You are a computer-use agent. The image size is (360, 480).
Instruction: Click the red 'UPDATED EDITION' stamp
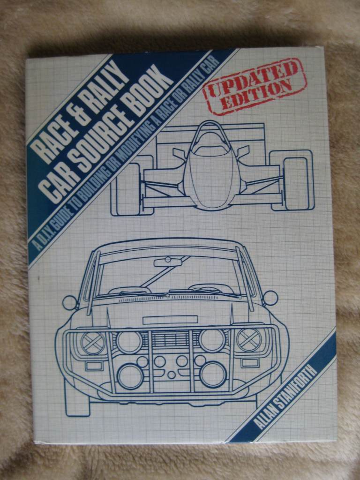(255, 86)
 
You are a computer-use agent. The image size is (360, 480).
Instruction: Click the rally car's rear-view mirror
(168, 262)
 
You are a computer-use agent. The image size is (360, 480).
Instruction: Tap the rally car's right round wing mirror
(270, 298)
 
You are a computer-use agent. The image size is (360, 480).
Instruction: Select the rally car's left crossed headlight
(93, 343)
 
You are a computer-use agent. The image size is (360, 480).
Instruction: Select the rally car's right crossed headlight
(249, 340)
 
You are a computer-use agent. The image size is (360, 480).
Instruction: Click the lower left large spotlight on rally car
(130, 376)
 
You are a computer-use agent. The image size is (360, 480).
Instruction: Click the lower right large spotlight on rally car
(213, 374)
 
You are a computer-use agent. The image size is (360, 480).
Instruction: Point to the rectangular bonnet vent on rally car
(170, 320)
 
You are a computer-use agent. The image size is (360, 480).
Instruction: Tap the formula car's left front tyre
(127, 189)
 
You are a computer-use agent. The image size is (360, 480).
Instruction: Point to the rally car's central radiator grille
(171, 338)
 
